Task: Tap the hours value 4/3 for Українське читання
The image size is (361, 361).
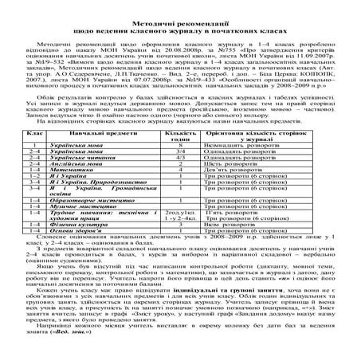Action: pyautogui.click(x=182, y=178)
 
